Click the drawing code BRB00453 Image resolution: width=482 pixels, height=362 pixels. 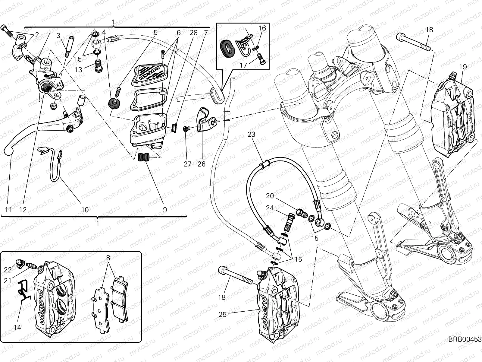(465, 339)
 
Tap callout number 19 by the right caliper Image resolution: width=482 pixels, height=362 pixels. (463, 67)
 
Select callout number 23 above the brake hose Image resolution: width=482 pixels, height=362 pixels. (251, 135)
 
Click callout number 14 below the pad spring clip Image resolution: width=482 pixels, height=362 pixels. (18, 327)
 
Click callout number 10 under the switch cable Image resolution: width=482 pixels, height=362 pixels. (85, 209)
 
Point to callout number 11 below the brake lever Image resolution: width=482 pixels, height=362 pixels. (9, 209)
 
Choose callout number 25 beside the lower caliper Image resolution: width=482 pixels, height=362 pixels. (222, 314)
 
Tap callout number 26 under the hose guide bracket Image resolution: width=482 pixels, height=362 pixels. (201, 164)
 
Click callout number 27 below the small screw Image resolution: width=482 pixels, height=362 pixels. (188, 164)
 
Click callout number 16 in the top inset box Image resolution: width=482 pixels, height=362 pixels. (262, 28)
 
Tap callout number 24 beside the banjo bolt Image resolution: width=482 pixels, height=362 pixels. (270, 208)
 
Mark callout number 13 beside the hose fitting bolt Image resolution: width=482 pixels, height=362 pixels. (78, 70)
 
